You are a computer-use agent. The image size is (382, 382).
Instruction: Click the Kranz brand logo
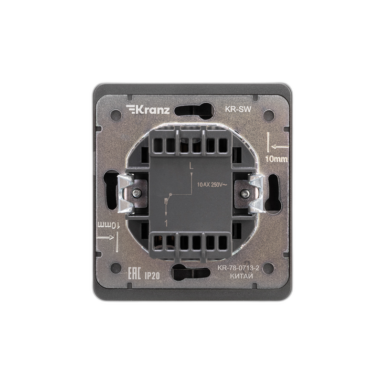[x=148, y=109]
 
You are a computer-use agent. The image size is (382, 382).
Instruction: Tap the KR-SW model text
[x=237, y=109]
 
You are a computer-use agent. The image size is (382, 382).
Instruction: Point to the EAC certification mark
[x=135, y=273]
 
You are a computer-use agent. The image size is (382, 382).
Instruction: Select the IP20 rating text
[x=152, y=276]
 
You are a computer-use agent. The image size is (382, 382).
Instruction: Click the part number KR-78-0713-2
[x=238, y=268]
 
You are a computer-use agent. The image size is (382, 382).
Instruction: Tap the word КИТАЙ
[x=241, y=276]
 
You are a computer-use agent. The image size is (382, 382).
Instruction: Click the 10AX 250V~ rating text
[x=212, y=185]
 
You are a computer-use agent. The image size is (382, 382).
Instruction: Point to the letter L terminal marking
[x=191, y=166]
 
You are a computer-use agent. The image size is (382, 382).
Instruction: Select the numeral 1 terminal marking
[x=166, y=223]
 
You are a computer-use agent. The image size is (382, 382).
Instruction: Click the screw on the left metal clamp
[x=136, y=193]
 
